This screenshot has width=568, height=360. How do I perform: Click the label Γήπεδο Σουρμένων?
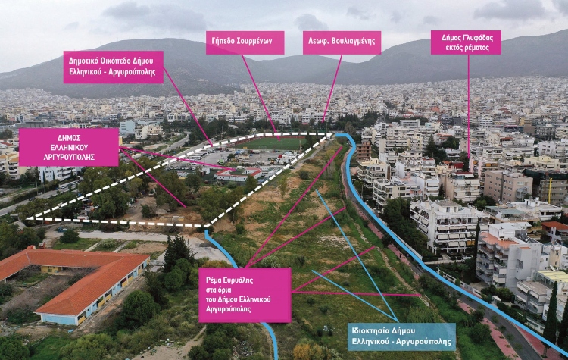(245, 42)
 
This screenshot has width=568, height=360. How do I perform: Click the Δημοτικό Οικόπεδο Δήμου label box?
(113, 67)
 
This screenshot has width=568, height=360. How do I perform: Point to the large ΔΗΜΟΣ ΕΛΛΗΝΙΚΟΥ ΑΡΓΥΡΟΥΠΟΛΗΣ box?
(69, 147)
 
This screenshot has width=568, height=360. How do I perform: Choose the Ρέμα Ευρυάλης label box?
(244, 295)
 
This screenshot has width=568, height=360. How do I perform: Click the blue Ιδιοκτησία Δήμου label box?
(401, 337)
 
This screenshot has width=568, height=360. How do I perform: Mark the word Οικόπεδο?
(114, 61)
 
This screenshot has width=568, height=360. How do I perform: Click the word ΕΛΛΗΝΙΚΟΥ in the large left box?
(69, 147)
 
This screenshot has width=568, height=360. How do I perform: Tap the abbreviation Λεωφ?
(317, 42)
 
